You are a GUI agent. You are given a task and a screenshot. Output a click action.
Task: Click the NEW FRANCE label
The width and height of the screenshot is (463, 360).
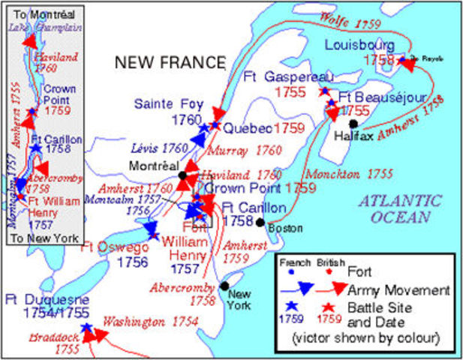click(x=170, y=62)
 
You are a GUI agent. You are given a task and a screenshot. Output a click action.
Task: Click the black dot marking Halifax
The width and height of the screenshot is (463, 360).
click(x=353, y=124)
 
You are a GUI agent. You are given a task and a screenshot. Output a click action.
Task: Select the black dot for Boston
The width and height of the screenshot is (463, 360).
click(x=260, y=222)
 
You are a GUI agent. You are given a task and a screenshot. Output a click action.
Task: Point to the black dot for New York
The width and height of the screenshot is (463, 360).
click(x=224, y=286)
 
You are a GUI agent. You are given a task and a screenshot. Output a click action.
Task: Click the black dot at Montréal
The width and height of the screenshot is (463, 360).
click(x=182, y=175)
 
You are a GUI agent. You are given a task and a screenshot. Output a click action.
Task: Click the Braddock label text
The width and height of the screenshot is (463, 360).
click(x=34, y=337)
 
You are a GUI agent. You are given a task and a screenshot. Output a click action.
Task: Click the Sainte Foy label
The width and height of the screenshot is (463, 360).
click(x=169, y=103)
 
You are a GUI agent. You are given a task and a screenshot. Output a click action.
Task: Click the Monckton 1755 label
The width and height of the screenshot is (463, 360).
click(x=350, y=173)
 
